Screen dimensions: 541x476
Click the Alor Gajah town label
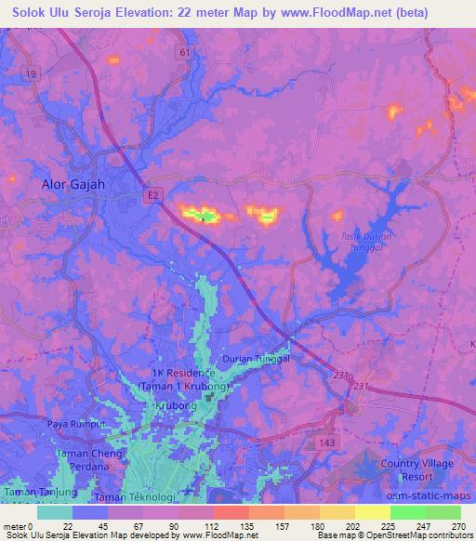(73, 184)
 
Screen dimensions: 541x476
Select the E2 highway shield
(152, 192)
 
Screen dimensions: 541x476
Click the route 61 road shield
(184, 53)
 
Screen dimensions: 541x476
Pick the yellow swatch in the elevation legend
(373, 512)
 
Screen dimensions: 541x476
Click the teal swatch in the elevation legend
(55, 512)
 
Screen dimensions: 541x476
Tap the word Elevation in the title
(152, 12)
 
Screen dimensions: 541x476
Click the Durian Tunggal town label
(257, 358)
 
